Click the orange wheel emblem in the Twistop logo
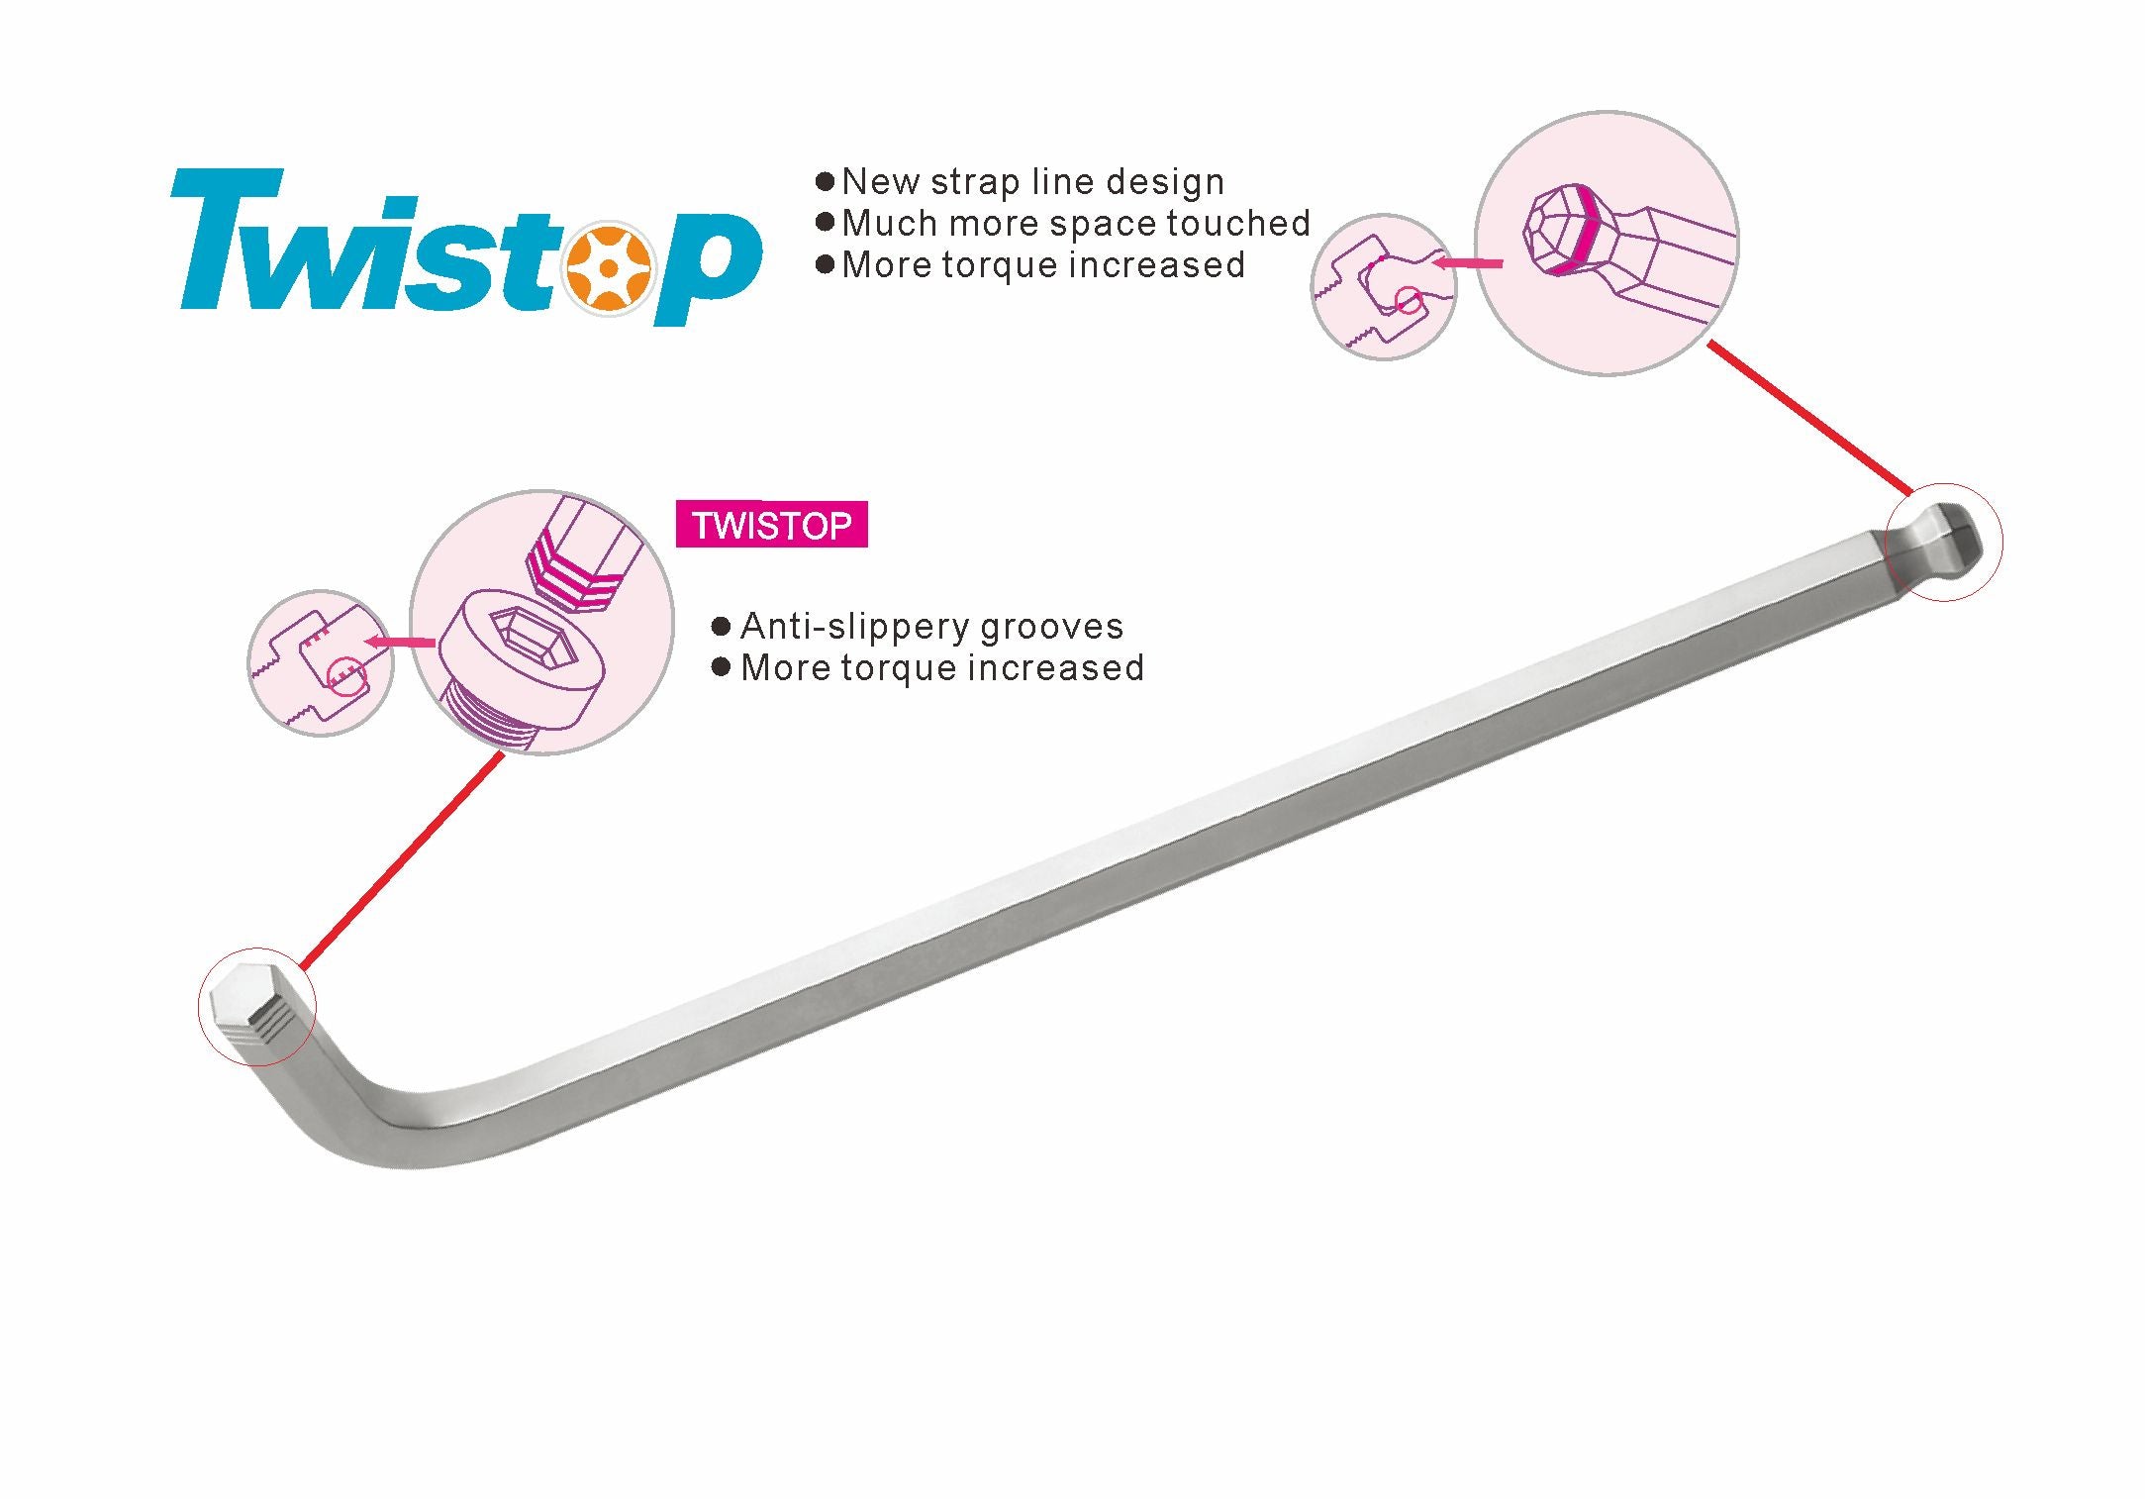(x=609, y=268)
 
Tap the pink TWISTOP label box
(x=771, y=525)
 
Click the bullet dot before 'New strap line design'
(x=826, y=182)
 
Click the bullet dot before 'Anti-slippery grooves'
(x=722, y=627)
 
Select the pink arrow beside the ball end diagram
(x=1469, y=263)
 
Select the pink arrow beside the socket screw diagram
(x=400, y=643)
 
